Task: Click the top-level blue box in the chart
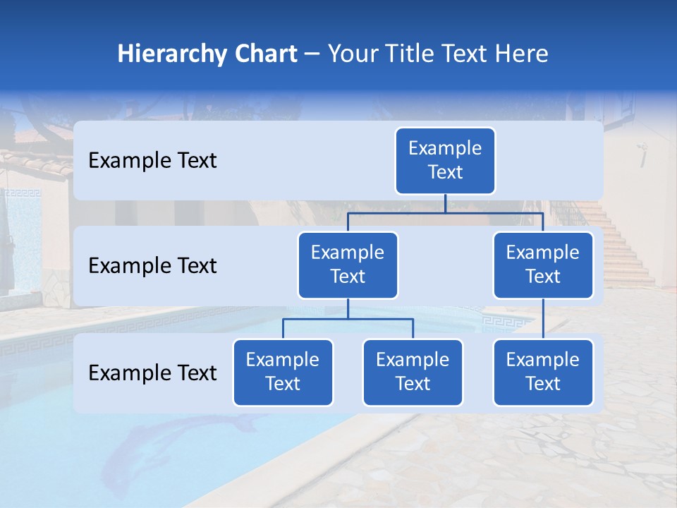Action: click(x=445, y=161)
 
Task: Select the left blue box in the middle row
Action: click(x=348, y=265)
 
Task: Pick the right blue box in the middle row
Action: click(x=542, y=265)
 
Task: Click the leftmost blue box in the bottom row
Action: click(x=283, y=373)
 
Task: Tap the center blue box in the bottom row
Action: click(x=413, y=373)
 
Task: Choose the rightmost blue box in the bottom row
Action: click(x=542, y=373)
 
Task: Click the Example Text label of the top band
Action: click(x=152, y=161)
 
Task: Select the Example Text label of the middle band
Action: click(x=152, y=266)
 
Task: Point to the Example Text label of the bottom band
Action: click(x=152, y=373)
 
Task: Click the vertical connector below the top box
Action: click(x=445, y=203)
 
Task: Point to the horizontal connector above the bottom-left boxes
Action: click(x=348, y=320)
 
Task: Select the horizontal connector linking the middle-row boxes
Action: click(x=494, y=212)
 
